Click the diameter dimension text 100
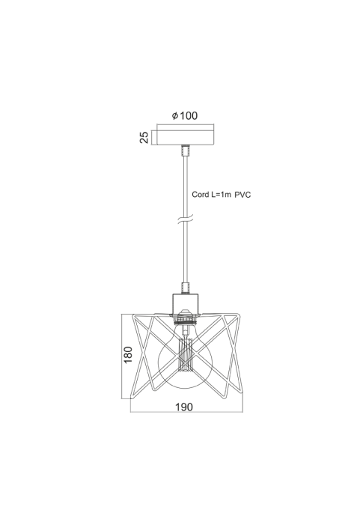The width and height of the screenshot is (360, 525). (189, 116)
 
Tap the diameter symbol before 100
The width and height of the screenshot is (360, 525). (175, 116)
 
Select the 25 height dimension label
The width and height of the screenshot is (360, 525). (144, 137)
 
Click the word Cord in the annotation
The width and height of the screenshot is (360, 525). (201, 195)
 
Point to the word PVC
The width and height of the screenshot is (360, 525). (242, 195)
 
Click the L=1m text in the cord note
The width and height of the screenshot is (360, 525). (221, 195)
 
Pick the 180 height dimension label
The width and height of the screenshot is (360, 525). (128, 354)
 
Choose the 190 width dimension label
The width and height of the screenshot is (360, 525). (184, 407)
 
